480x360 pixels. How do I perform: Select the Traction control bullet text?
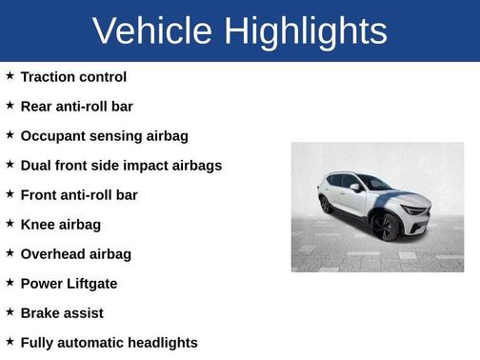tap(73, 76)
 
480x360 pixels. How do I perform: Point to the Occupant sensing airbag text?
tap(104, 135)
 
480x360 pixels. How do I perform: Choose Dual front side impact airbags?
tap(121, 165)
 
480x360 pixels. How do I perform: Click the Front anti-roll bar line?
tap(79, 194)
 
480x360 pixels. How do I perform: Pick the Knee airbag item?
tap(60, 224)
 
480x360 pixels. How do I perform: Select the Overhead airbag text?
tap(75, 253)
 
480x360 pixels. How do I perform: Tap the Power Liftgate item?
tap(69, 283)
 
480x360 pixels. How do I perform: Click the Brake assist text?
tap(62, 312)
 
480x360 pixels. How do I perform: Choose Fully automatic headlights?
tap(109, 342)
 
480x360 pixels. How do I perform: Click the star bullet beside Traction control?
tap(10, 75)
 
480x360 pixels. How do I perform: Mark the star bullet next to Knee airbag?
tap(10, 223)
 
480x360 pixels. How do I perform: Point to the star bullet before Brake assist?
tap(10, 311)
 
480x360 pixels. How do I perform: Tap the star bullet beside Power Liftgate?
tap(10, 282)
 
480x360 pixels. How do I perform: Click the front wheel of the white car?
tap(386, 226)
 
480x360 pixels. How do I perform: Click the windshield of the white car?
tap(374, 183)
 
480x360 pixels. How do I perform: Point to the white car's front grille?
tap(416, 210)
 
